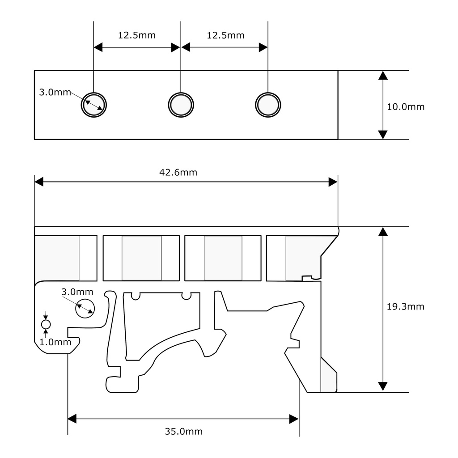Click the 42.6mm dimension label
coord(178,172)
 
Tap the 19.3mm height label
coord(405,307)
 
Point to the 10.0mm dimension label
coord(405,107)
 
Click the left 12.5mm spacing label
coord(136,35)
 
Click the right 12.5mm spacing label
coord(225,35)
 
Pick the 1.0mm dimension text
coord(55,342)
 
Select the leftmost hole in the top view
coord(94,105)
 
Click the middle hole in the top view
coord(181,105)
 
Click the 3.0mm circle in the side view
coord(85,308)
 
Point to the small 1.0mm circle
coord(46,324)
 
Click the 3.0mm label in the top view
coord(55,93)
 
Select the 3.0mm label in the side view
coord(77,292)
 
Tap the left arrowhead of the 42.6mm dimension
coord(39,182)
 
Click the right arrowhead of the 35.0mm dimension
coord(294,419)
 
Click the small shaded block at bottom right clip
coord(328,378)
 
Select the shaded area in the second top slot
coord(141,258)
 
